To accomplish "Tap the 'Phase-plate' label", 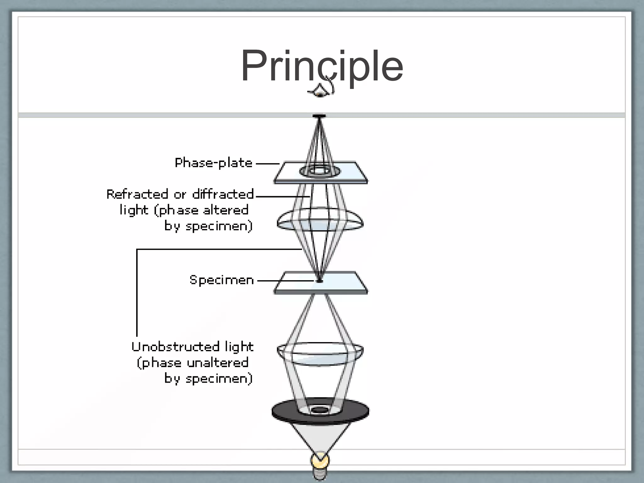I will [x=214, y=163].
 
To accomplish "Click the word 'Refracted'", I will [x=137, y=194].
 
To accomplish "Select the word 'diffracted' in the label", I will [x=223, y=194].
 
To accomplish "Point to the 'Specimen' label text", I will [x=221, y=280].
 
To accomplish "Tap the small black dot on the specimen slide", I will [x=319, y=281].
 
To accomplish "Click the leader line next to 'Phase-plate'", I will [x=268, y=164].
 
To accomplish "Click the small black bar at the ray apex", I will [x=319, y=116].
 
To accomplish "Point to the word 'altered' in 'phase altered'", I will [x=225, y=210].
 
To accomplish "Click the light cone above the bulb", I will [x=320, y=437].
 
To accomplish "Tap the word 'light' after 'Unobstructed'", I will [x=239, y=347].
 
